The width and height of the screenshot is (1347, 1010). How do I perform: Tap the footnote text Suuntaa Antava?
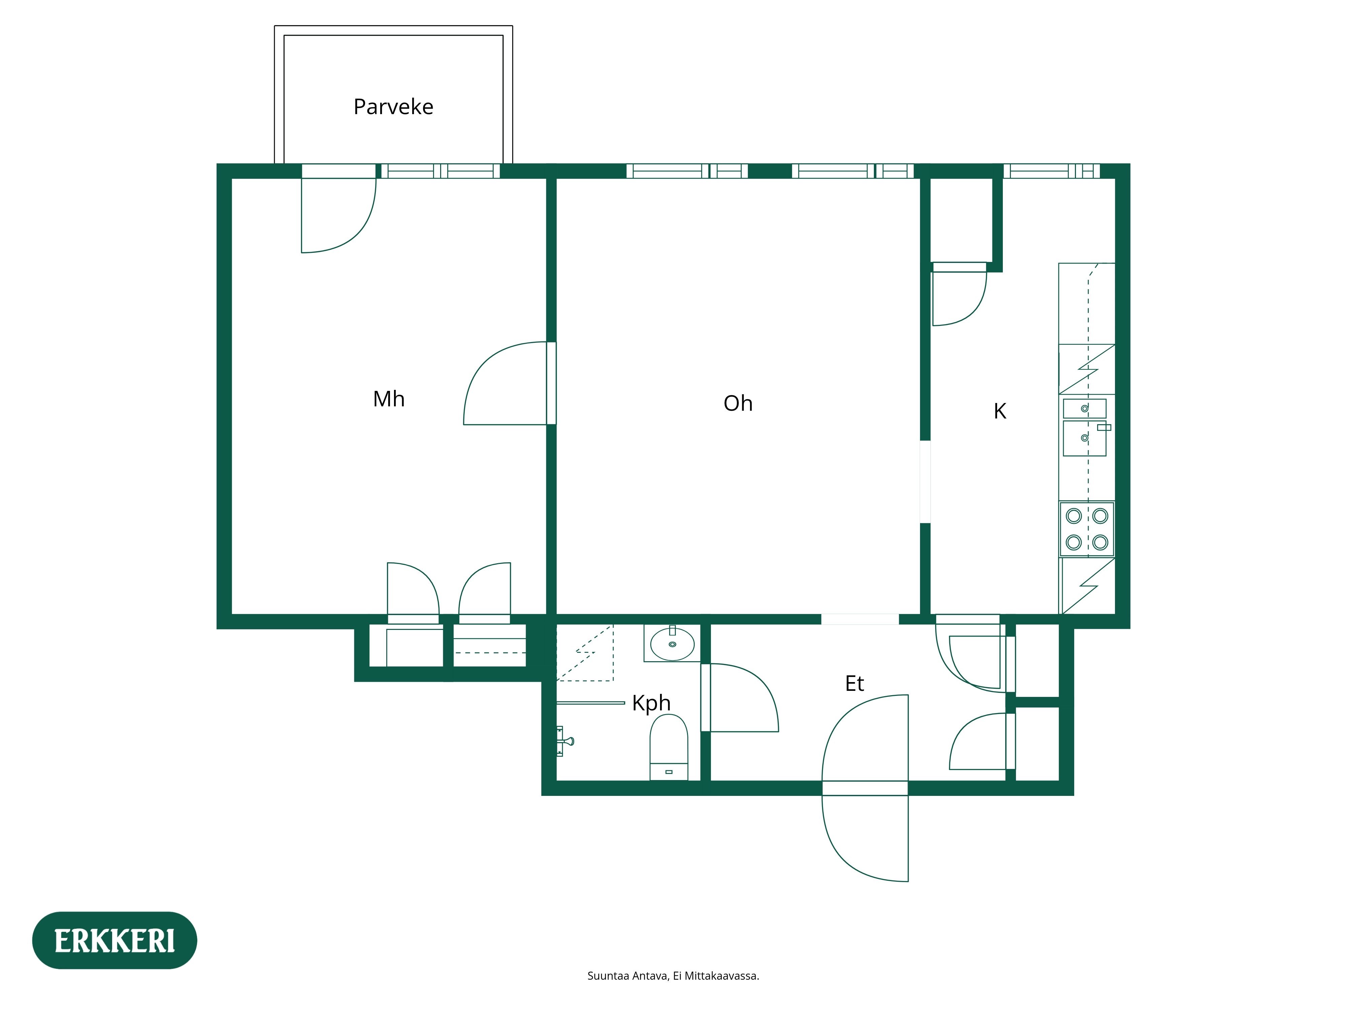(673, 976)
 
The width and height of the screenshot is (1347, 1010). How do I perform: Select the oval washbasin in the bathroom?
(672, 644)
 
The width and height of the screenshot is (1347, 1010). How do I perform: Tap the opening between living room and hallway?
(859, 619)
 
